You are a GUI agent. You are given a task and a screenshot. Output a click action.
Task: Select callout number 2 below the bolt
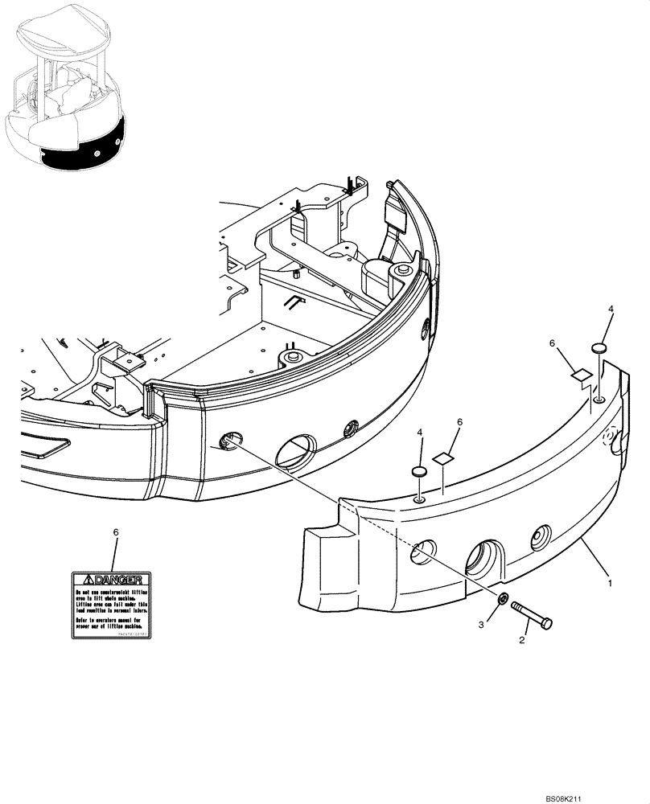click(x=521, y=641)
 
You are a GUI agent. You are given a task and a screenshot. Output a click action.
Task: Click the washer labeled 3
click(x=500, y=600)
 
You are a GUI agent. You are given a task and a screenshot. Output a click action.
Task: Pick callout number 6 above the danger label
click(x=115, y=532)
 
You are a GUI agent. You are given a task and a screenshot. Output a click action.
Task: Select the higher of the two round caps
click(x=599, y=347)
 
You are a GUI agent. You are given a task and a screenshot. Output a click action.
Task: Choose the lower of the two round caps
click(x=418, y=471)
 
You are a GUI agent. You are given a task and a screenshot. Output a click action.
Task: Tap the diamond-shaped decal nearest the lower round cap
click(x=443, y=459)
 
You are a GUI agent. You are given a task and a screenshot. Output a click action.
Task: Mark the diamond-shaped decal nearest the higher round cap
click(x=581, y=372)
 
